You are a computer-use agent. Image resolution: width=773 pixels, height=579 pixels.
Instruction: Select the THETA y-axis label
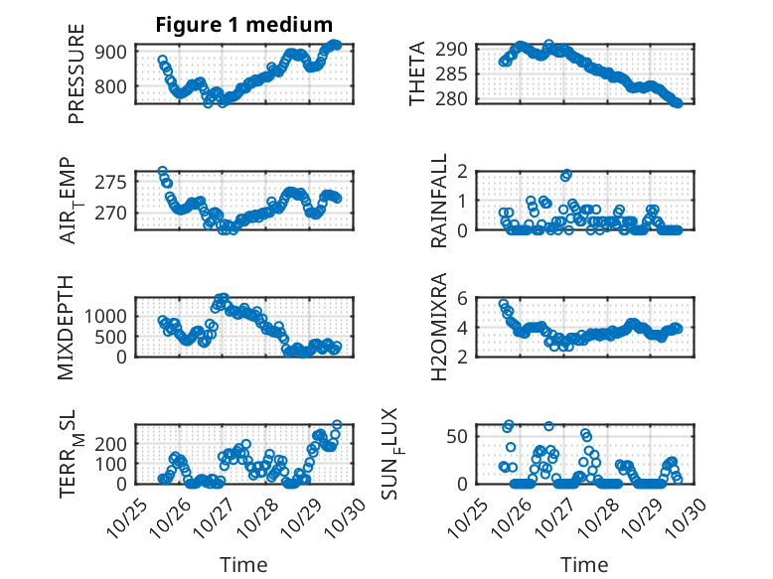pos(417,74)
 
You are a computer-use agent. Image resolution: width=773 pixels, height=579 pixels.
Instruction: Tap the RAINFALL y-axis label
pos(438,201)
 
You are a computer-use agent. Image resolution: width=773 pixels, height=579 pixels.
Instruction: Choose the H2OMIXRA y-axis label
pos(438,326)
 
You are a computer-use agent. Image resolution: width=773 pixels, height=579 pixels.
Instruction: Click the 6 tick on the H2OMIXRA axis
pos(462,298)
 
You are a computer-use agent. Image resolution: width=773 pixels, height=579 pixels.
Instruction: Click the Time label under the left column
pos(242,564)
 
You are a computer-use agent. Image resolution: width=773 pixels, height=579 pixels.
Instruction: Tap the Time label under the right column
pos(584,564)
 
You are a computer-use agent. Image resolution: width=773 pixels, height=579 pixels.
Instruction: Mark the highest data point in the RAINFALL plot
pos(566,175)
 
